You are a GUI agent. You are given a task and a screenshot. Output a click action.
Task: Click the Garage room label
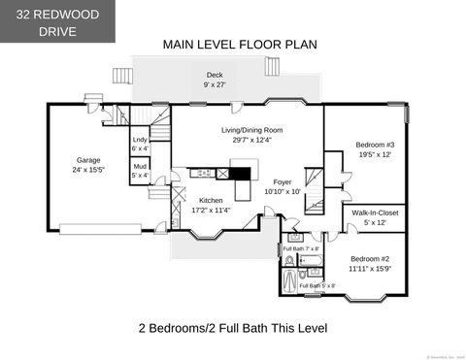89,161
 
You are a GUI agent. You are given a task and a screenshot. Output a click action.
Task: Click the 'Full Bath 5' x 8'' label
317,285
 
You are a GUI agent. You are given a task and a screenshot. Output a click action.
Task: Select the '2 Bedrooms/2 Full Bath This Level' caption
233,328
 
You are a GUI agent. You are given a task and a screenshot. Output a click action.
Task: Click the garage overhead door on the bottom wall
101,229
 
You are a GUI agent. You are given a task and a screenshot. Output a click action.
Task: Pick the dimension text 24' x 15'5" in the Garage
89,170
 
